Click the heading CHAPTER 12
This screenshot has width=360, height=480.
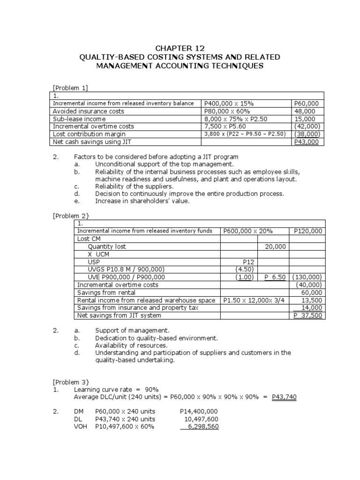pos(180,48)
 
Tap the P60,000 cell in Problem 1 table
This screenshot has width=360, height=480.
pos(306,103)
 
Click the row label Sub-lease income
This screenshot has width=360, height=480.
pos(79,119)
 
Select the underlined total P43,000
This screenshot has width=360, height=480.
pos(306,142)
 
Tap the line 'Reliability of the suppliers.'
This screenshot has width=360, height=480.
pos(135,187)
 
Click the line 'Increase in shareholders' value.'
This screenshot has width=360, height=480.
pos(142,201)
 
